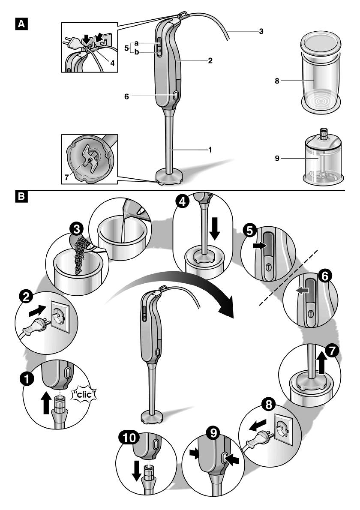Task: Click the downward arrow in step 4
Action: click(x=216, y=228)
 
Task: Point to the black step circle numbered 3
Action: click(x=77, y=229)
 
